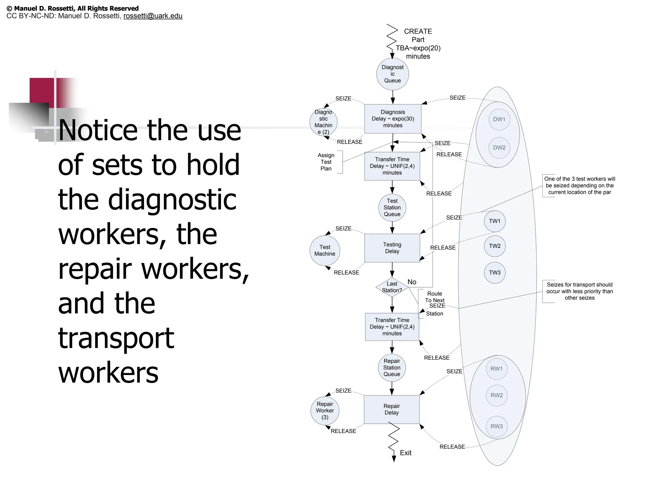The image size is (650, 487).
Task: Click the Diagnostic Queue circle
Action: point(392,74)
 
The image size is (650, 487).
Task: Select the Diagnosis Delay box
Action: point(393,119)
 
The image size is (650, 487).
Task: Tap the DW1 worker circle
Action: point(499,119)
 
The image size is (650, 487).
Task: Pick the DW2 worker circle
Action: point(499,147)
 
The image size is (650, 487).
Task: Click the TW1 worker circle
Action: point(494,221)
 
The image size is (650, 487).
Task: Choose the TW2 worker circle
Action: point(494,246)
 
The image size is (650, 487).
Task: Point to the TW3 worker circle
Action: point(494,273)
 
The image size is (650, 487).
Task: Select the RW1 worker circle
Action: point(496,369)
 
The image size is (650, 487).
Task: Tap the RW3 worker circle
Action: point(496,426)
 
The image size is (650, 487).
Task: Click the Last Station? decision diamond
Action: point(392,287)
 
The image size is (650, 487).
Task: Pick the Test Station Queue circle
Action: point(392,208)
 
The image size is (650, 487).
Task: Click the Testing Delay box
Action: point(392,248)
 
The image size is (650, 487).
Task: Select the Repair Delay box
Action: point(391,409)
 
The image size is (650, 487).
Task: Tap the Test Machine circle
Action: point(325,250)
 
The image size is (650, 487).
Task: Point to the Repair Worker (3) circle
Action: point(325,411)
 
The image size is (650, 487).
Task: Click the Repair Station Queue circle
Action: point(392,368)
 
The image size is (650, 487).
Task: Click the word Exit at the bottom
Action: point(406,453)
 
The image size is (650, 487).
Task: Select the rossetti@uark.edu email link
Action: point(153,16)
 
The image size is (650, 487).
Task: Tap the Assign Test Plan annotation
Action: point(326,162)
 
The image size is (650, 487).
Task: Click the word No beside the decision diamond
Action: point(412,282)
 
